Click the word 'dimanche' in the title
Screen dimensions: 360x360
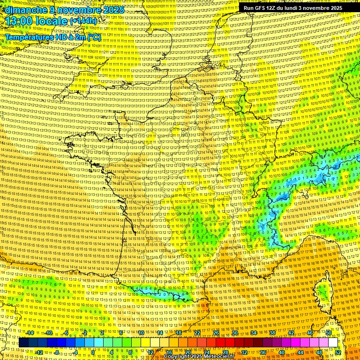pos(26,10)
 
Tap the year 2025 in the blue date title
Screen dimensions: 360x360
pos(113,10)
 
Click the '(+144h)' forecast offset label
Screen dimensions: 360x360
pos(83,21)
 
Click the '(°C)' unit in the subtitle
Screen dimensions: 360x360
pos(94,37)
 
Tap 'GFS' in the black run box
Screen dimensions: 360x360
pos(264,8)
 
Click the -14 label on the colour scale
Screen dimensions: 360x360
pos(30,333)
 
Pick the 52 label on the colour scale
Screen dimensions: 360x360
pos(338,352)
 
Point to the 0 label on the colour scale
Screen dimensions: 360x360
pos(93,352)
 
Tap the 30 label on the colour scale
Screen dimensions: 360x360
pos(234,333)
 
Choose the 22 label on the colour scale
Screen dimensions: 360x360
pos(197,333)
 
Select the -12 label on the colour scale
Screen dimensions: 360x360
pos(39,352)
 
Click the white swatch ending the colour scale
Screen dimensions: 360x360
pos(333,343)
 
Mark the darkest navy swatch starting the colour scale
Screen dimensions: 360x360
pos(23,343)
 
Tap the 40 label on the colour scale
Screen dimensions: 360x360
pos(281,352)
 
